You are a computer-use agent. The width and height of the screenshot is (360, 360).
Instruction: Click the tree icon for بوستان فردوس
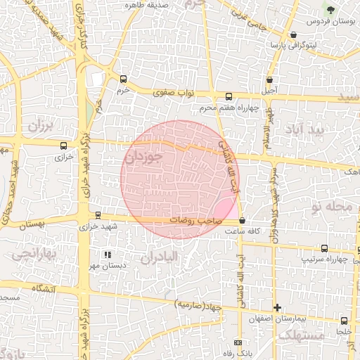329,8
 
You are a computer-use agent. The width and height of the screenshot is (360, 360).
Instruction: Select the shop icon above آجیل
271,79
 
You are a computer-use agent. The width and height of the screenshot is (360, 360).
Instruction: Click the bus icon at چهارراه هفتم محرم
228,96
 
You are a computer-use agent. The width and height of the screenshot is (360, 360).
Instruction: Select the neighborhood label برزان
40,126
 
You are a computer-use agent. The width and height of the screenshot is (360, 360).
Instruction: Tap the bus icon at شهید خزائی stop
97,215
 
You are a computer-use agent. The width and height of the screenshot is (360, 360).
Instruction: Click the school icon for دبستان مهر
107,255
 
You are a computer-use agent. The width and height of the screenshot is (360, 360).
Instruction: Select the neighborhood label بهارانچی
32,252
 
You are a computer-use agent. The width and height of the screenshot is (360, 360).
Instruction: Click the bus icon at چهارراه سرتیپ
324,248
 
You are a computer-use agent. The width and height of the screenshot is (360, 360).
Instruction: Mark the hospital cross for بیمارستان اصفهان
277,307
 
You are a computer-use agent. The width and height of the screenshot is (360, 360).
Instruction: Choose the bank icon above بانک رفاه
236,342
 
